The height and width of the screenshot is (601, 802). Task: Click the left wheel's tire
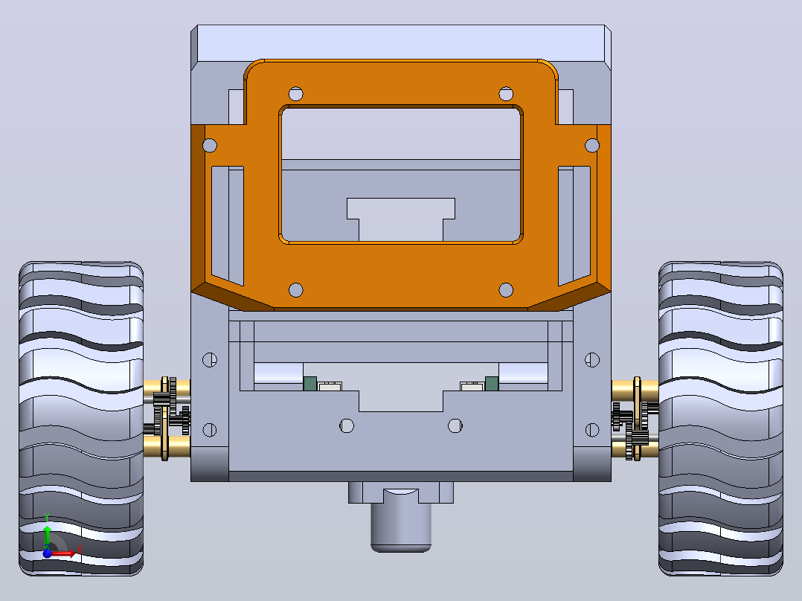(81, 419)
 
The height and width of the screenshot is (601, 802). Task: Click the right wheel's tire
(721, 419)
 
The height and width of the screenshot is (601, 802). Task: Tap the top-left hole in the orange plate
(296, 94)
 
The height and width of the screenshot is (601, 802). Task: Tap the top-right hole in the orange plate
(506, 94)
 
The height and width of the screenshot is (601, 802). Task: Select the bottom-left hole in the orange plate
(296, 290)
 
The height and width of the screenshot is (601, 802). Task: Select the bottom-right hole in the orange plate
(506, 290)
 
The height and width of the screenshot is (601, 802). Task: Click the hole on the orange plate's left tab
(210, 145)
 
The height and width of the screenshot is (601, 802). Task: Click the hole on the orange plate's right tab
(592, 145)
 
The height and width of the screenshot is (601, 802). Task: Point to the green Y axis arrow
(47, 535)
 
